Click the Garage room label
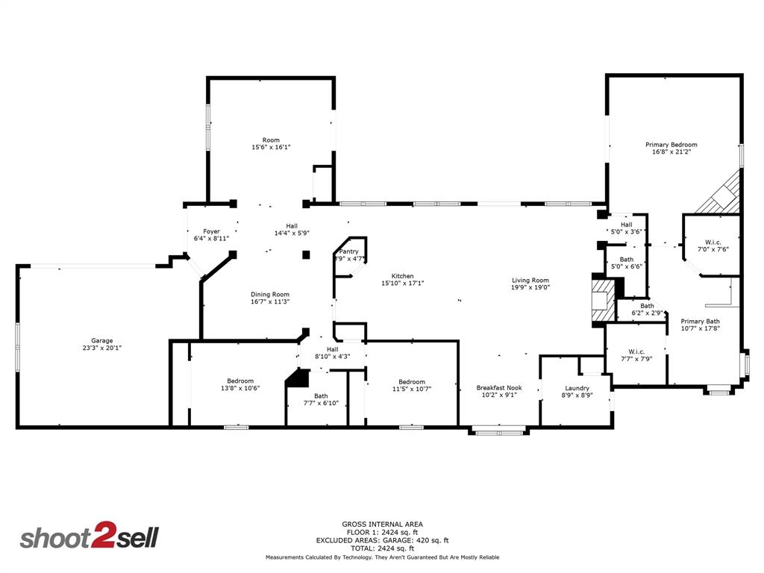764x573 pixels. [x=102, y=341]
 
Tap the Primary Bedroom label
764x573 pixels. [x=671, y=145]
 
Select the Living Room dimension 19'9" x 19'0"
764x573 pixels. [x=530, y=287]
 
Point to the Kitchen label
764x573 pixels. [x=397, y=276]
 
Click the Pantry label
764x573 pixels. [x=349, y=252]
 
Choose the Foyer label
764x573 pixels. [x=211, y=231]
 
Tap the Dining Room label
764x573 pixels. [x=269, y=295]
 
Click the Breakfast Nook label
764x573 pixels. [x=499, y=388]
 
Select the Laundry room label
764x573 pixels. [x=577, y=388]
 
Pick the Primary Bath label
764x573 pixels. [x=700, y=322]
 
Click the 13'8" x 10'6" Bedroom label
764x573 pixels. [x=240, y=381]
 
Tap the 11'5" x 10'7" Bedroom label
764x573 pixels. [x=411, y=382]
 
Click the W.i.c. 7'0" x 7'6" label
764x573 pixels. [x=712, y=242]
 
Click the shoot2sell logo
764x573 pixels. [x=89, y=538]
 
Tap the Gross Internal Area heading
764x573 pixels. [x=382, y=525]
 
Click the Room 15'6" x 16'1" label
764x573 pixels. [x=271, y=140]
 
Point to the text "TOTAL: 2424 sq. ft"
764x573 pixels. [x=382, y=548]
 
